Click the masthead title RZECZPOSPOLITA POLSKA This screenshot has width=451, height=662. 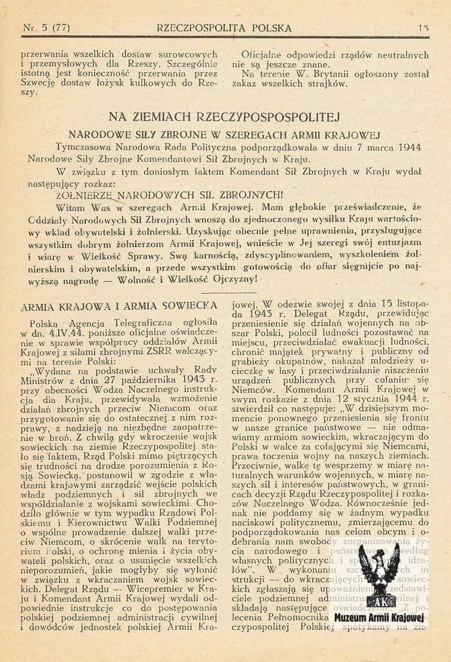(x=224, y=28)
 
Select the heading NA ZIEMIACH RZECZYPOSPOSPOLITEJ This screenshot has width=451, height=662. (x=224, y=117)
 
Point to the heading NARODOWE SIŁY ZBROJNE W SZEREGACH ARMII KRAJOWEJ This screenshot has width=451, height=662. (x=224, y=135)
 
